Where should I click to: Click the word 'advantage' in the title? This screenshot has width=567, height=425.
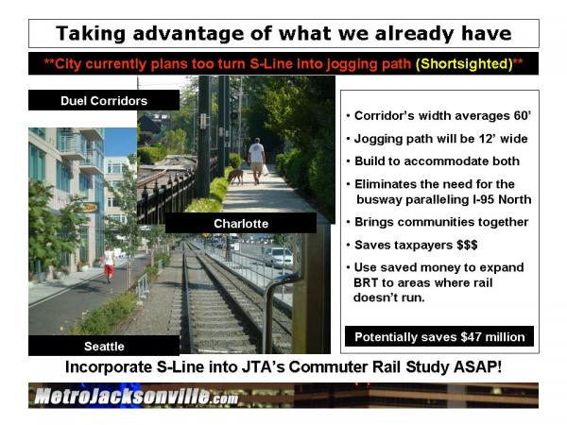pyautogui.click(x=196, y=34)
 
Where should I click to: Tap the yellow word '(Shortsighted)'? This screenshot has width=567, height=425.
pyautogui.click(x=464, y=64)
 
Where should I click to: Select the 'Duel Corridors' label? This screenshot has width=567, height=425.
pyautogui.click(x=104, y=100)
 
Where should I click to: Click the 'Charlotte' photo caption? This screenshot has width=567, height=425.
pyautogui.click(x=241, y=223)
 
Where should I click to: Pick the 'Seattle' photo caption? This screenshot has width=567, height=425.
pyautogui.click(x=104, y=347)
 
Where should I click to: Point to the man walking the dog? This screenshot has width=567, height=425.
pyautogui.click(x=256, y=161)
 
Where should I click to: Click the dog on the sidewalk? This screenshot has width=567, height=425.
pyautogui.click(x=235, y=176)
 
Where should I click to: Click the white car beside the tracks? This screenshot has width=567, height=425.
pyautogui.click(x=279, y=257)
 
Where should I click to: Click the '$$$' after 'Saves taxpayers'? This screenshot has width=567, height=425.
pyautogui.click(x=467, y=245)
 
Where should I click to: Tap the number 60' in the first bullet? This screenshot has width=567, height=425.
pyautogui.click(x=523, y=115)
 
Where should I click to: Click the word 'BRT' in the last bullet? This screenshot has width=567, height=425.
pyautogui.click(x=366, y=282)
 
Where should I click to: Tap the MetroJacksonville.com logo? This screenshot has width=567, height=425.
pyautogui.click(x=136, y=396)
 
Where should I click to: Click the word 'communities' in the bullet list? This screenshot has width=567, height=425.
pyautogui.click(x=425, y=222)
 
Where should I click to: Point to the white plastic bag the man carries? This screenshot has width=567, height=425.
pyautogui.click(x=266, y=170)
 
